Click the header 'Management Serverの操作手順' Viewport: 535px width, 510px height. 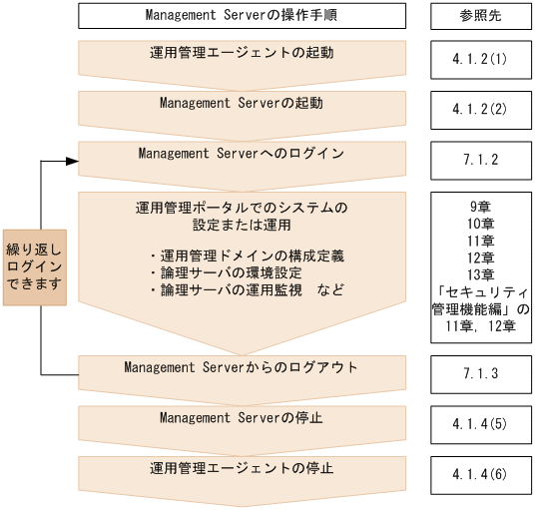242,16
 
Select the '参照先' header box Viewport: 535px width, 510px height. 480,16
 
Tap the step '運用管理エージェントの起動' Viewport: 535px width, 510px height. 242,53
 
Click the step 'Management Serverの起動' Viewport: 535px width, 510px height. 242,103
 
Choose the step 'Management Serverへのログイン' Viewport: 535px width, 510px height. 242,154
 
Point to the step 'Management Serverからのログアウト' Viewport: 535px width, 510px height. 242,367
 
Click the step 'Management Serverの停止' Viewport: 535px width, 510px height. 242,417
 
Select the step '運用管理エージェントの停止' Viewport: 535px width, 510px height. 242,468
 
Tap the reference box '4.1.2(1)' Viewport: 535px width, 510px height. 480,59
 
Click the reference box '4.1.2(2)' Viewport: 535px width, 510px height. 480,110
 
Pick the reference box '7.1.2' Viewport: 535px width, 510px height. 480,160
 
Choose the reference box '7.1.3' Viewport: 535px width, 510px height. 480,373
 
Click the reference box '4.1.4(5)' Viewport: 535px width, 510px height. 480,423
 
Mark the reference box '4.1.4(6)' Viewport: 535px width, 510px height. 480,474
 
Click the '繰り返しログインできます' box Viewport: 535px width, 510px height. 34,266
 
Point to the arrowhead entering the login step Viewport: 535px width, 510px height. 72,161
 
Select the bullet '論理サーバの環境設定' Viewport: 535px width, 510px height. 232,272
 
